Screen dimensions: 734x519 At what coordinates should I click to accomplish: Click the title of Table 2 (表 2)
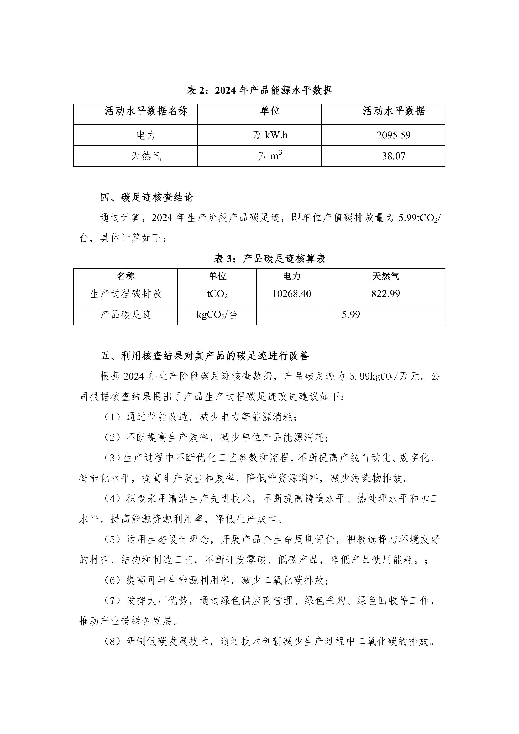[259, 91]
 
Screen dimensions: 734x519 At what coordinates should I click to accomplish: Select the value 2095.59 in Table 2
[393, 135]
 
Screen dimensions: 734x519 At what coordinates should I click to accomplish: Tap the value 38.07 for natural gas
[393, 156]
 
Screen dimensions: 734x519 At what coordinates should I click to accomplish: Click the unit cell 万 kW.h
[270, 135]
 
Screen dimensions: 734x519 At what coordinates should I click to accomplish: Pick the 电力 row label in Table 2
[146, 135]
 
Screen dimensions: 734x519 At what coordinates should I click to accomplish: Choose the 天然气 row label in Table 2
[146, 156]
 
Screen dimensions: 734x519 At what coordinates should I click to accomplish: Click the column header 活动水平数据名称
[146, 111]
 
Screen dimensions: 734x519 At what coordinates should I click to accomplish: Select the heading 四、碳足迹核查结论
[147, 197]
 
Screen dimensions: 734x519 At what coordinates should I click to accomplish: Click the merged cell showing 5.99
[351, 315]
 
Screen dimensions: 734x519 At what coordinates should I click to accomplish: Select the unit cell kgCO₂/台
[217, 315]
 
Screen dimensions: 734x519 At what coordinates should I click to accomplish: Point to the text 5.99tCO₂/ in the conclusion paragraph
[419, 218]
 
